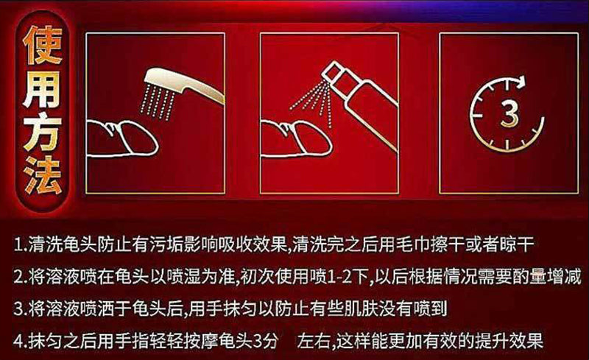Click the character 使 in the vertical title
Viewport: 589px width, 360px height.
click(x=43, y=46)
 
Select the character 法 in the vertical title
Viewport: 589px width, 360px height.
click(x=43, y=174)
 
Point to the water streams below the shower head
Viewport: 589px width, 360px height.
click(x=158, y=99)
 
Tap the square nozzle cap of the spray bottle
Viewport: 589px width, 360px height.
click(x=332, y=71)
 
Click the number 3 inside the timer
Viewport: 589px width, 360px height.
click(x=509, y=113)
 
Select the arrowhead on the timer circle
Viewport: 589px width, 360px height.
click(x=520, y=82)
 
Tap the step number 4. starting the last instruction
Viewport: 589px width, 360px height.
click(x=20, y=342)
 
